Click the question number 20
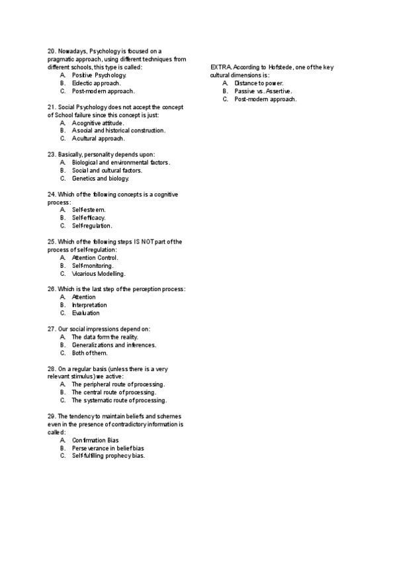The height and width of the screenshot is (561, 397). coord(52,52)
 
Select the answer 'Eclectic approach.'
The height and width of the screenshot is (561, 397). coord(96,83)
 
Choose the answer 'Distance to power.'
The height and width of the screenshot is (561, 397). coord(259,83)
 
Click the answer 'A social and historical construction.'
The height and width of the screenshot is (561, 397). coord(118,131)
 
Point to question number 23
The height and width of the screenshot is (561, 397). coord(52,155)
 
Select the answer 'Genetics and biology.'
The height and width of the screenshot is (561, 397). coord(101,179)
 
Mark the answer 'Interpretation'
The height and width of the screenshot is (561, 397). coord(89,305)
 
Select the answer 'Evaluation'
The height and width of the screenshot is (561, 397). coord(86,313)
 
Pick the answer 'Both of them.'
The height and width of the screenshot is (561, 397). coord(89,353)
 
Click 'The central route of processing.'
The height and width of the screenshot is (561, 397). coord(114,392)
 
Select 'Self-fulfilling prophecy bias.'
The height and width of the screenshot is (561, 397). coord(108,456)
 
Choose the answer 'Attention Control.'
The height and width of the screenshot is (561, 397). coord(95,257)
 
